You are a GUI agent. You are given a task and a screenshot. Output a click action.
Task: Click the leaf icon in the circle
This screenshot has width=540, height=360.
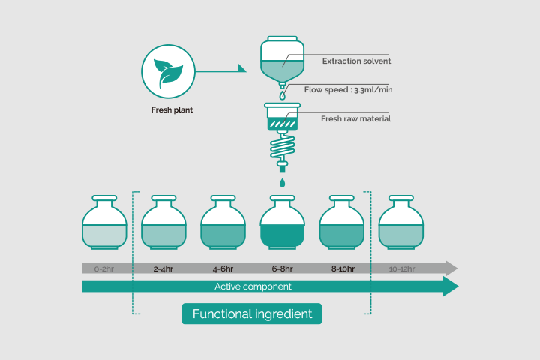coord(168,73)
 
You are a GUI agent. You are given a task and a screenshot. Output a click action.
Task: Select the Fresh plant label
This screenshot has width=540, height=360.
coord(172,110)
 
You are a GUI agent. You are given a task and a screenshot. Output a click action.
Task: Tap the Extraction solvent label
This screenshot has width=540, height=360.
coord(356,61)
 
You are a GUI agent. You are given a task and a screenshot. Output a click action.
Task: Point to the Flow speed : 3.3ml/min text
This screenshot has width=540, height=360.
coord(348,89)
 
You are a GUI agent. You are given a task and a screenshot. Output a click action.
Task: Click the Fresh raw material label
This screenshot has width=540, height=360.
coord(355,118)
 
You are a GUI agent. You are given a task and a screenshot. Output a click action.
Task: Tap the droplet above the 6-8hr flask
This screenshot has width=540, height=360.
coord(283,182)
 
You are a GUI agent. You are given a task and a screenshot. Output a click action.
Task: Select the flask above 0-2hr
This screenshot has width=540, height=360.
coord(104,222)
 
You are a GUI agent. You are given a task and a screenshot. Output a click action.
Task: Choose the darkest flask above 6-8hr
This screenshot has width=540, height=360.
coord(283,222)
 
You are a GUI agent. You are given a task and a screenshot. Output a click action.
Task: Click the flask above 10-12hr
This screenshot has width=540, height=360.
coord(401,222)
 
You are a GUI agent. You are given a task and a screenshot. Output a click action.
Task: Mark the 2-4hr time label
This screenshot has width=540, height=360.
coord(163,268)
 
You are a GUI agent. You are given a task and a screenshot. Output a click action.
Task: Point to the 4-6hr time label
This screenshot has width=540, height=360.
coord(223,268)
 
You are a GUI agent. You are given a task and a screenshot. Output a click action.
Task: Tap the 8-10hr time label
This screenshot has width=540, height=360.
coord(343,268)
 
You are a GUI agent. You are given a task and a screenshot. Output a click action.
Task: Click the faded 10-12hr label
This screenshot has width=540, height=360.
coord(402,268)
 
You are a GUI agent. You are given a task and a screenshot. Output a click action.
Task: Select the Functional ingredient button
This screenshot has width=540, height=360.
coord(252,313)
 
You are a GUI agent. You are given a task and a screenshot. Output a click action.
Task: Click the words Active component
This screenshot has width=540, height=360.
coord(253,286)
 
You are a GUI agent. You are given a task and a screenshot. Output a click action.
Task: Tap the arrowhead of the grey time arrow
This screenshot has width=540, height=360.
coord(451,268)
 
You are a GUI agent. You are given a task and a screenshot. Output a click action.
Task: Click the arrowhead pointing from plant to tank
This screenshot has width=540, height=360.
coord(241,68)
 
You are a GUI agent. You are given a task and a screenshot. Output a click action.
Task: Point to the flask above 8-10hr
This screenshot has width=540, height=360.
coord(342,222)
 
